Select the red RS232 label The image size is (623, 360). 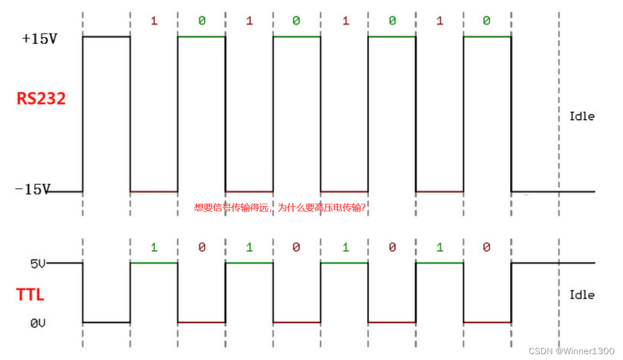pyautogui.click(x=41, y=98)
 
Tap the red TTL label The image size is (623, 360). pyautogui.click(x=30, y=295)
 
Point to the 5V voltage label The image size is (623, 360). pyautogui.click(x=38, y=264)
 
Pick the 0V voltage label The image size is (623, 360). pyautogui.click(x=38, y=323)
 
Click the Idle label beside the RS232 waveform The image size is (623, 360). pyautogui.click(x=582, y=116)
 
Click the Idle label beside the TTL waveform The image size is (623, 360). pyautogui.click(x=582, y=295)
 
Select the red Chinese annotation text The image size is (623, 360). pyautogui.click(x=280, y=208)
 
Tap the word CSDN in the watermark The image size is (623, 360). pyautogui.click(x=540, y=351)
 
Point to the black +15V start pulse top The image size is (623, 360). pyautogui.click(x=106, y=37)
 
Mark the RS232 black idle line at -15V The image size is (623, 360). pyautogui.click(x=552, y=192)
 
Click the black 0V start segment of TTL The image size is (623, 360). pyautogui.click(x=106, y=322)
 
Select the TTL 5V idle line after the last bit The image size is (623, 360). pyautogui.click(x=552, y=263)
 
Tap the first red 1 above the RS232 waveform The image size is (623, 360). pyautogui.click(x=154, y=21)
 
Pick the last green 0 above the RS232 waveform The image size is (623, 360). pyautogui.click(x=486, y=21)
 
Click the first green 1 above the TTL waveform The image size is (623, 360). pyautogui.click(x=154, y=248)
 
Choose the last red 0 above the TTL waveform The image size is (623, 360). pyautogui.click(x=486, y=248)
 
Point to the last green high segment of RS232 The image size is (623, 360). pyautogui.click(x=487, y=37)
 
